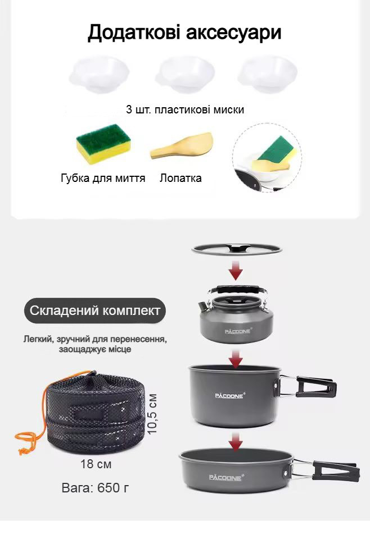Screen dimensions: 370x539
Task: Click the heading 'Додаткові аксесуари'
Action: (184, 33)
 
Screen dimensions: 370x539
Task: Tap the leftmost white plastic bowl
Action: (99, 74)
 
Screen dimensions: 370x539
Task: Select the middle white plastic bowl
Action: (185, 74)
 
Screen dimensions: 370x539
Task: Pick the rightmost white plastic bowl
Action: (268, 74)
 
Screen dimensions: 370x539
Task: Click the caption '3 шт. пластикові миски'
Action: (185, 109)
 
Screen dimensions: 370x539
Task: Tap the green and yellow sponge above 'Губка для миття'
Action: (103, 144)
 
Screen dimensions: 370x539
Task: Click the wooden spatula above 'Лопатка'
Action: (182, 146)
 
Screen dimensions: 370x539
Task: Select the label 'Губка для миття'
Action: (103, 178)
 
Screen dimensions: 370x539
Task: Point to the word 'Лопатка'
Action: (181, 178)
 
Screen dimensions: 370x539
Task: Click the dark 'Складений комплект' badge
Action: (95, 310)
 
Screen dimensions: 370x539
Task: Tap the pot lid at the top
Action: (237, 249)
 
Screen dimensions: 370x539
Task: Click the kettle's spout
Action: (202, 305)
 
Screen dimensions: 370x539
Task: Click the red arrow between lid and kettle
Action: (236, 269)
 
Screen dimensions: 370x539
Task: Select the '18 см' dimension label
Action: (96, 464)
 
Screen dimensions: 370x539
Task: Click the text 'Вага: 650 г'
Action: (95, 487)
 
